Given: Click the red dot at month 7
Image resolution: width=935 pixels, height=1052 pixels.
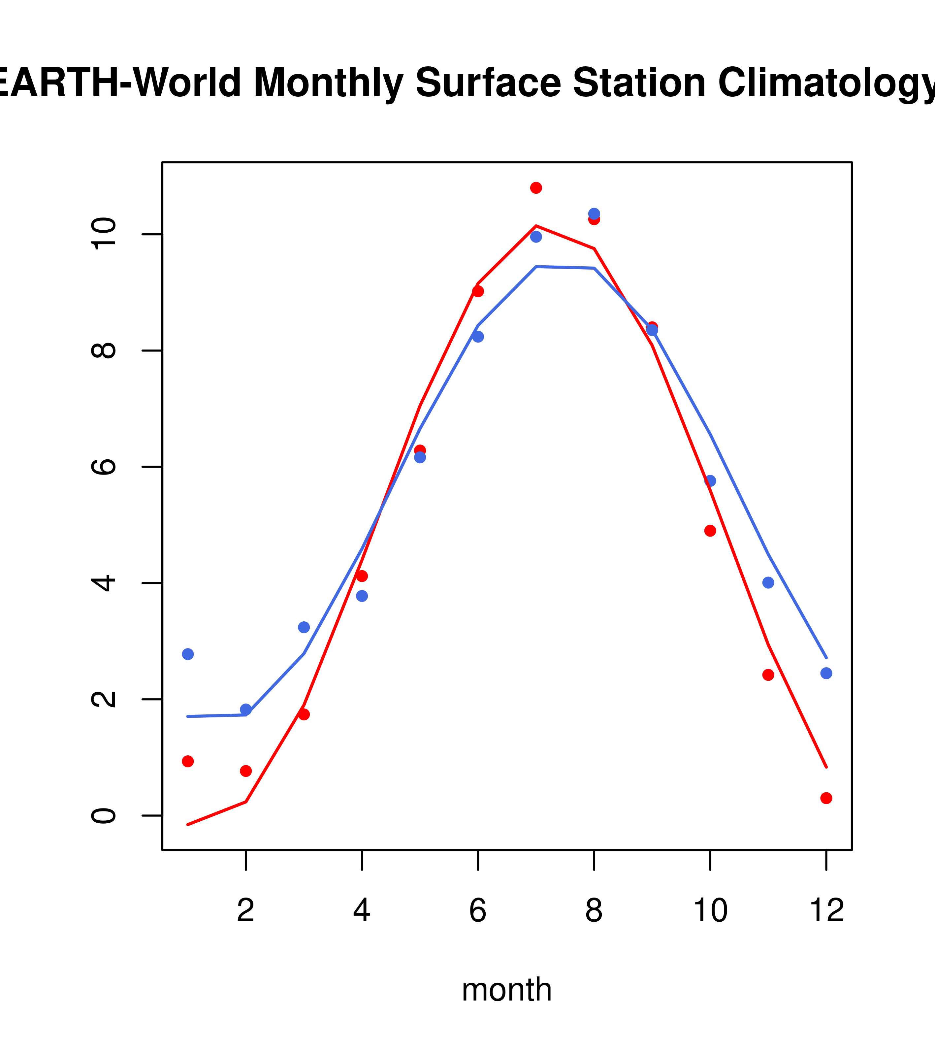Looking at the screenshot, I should click(x=536, y=188).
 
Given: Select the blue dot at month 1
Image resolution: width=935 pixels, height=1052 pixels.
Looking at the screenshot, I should click(x=188, y=654).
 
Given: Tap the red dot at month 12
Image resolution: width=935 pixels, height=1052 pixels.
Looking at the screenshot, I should click(x=826, y=798).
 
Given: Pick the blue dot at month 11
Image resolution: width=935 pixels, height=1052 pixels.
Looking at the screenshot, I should click(x=768, y=583).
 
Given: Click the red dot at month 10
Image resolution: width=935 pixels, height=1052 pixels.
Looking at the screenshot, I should click(x=710, y=531).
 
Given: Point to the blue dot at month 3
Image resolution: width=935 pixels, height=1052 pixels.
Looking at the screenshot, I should click(x=304, y=627).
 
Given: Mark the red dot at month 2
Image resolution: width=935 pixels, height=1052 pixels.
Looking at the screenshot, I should click(x=246, y=771).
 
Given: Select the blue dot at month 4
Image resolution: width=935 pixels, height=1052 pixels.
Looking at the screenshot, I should click(x=362, y=596).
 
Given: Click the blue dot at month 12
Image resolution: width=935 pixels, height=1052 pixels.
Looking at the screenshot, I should click(x=826, y=673).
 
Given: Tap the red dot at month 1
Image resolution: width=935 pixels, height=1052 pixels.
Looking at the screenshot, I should click(x=188, y=761).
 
